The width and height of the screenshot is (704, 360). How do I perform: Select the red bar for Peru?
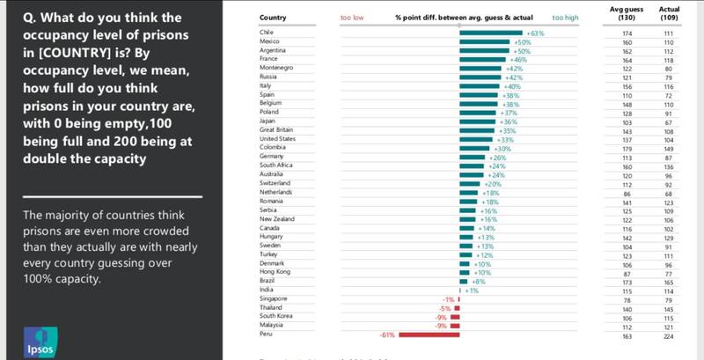coord(429,334)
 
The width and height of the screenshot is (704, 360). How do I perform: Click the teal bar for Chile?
coord(490,33)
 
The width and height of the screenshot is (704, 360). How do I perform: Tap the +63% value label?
coord(535,33)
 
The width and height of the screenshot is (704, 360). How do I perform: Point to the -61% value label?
coord(386,334)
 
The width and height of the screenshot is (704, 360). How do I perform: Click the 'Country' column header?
coord(275,18)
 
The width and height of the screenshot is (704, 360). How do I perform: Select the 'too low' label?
coord(352,18)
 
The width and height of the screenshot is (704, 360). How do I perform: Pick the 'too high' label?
coord(564,18)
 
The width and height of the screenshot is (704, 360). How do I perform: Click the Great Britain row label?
coord(279,130)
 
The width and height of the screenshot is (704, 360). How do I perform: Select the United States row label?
coord(279,139)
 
